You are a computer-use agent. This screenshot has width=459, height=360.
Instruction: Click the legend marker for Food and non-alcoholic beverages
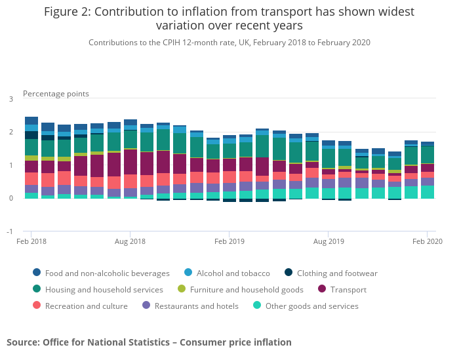point(37,273)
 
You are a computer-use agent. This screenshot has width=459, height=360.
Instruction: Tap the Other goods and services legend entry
point(311,306)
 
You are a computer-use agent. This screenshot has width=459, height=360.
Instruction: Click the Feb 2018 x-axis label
point(31,242)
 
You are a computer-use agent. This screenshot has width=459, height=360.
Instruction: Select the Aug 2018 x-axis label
point(130,242)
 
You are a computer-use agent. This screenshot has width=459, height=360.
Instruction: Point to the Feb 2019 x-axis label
point(229,242)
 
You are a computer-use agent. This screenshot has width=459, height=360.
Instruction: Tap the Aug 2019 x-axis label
point(329,242)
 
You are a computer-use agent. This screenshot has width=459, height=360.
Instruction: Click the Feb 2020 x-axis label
point(427,242)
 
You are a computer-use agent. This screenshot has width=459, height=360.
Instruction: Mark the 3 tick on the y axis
point(10,99)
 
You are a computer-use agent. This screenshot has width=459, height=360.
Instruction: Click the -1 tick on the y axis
point(10,231)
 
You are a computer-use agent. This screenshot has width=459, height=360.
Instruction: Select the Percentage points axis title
point(56,94)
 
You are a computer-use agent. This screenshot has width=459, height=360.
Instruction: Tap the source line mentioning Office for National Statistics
point(149,342)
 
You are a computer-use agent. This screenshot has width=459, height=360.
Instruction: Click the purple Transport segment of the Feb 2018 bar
point(31,167)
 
